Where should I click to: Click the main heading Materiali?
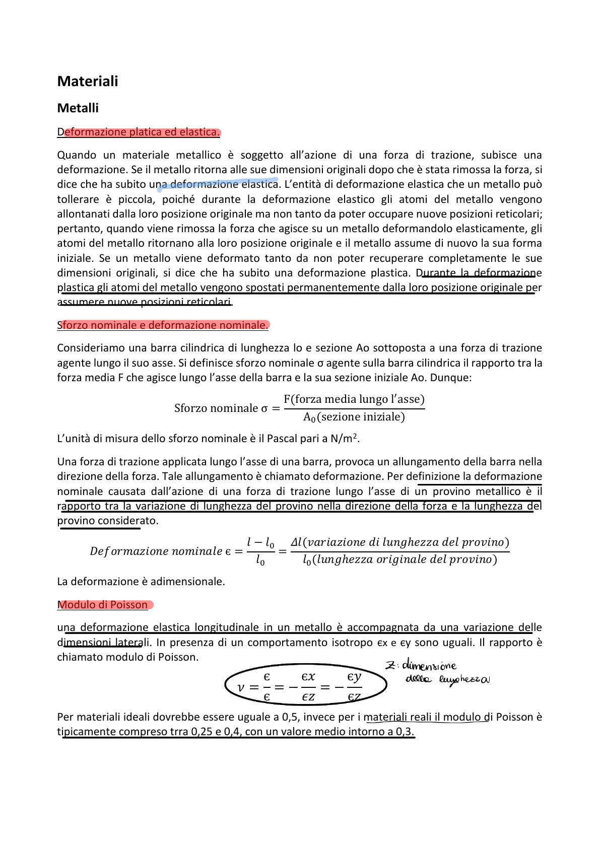click(x=88, y=82)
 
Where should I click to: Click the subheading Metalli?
click(x=78, y=108)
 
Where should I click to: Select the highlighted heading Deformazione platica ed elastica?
click(x=139, y=132)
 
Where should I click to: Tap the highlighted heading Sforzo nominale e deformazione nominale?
click(x=163, y=325)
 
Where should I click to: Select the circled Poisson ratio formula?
click(x=305, y=686)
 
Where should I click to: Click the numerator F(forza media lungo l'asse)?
click(x=354, y=399)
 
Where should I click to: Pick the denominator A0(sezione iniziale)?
click(x=354, y=417)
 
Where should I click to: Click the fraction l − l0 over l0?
click(x=260, y=551)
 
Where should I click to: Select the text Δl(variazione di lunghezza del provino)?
click(x=400, y=542)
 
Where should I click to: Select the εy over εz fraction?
click(x=354, y=687)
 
